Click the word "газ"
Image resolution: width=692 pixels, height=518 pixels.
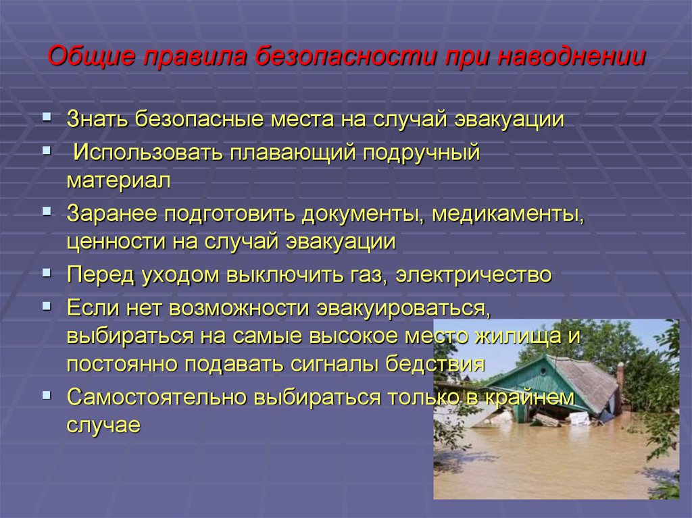[x=365, y=275]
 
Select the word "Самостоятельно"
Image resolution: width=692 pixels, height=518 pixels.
[x=157, y=397]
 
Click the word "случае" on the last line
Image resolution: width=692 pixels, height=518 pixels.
[x=103, y=425]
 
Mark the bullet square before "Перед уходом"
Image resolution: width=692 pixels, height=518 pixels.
[x=47, y=272]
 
